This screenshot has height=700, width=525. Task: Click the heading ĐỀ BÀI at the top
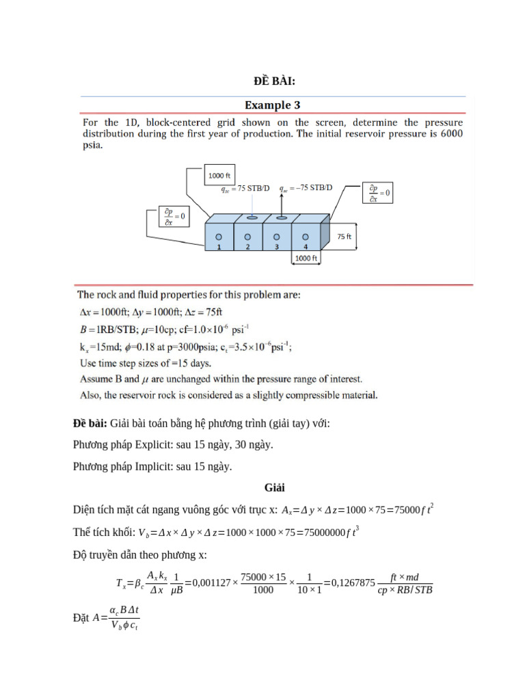pyautogui.click(x=273, y=81)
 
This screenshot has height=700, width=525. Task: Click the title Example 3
pyautogui.click(x=273, y=105)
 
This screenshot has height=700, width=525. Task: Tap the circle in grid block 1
pyautogui.click(x=219, y=237)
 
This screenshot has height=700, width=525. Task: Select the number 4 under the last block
pyautogui.click(x=305, y=247)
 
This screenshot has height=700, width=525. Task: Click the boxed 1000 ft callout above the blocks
pyautogui.click(x=220, y=176)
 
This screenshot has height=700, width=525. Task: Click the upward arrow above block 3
pyautogui.click(x=280, y=203)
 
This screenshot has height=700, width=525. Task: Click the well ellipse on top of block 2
pyautogui.click(x=252, y=218)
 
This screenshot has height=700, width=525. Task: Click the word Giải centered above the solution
pyautogui.click(x=274, y=488)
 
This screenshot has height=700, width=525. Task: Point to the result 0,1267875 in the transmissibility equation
pyautogui.click(x=352, y=582)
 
